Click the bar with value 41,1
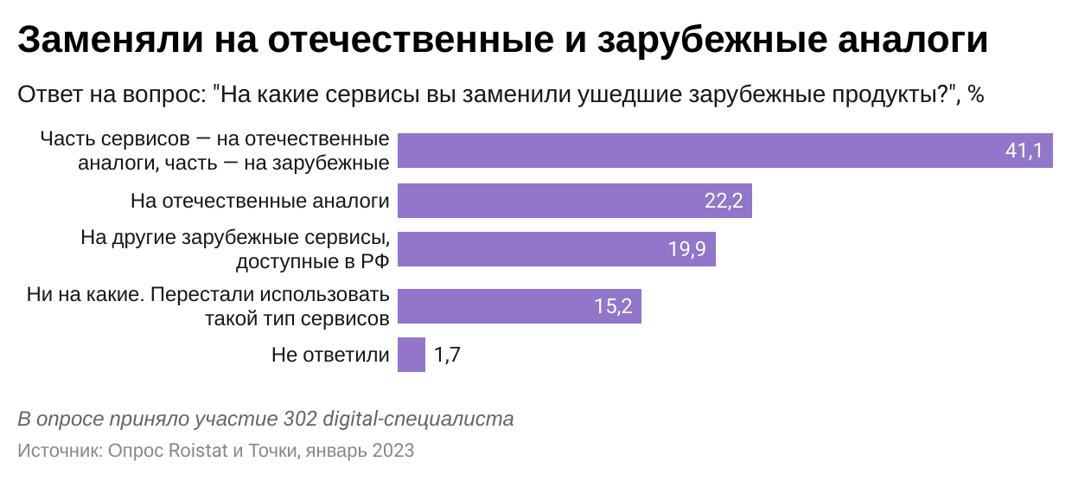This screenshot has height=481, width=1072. tap(692, 151)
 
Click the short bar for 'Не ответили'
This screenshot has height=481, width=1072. tap(412, 355)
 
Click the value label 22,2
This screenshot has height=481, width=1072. tap(724, 202)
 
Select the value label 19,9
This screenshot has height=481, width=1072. tap(687, 250)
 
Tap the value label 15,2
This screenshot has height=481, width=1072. tap(614, 306)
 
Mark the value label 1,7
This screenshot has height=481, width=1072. tap(447, 355)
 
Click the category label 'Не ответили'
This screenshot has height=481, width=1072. tap(330, 355)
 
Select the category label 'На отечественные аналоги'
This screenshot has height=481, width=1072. tap(259, 202)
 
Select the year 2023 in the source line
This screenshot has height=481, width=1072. tap(392, 451)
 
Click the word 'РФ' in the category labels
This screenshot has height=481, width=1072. tap(372, 260)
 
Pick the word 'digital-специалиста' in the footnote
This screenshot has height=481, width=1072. tap(418, 420)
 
